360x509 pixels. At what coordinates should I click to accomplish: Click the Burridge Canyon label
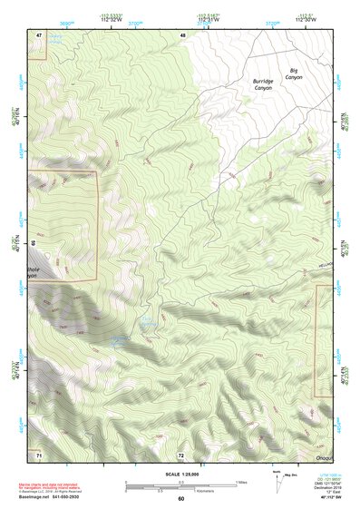click(263, 84)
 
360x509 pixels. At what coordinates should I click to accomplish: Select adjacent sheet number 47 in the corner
click(39, 34)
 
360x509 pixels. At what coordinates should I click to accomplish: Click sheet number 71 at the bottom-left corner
click(39, 454)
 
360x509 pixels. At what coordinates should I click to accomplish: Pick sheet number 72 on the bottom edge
click(180, 455)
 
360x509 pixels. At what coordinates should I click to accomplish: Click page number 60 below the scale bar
click(180, 498)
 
